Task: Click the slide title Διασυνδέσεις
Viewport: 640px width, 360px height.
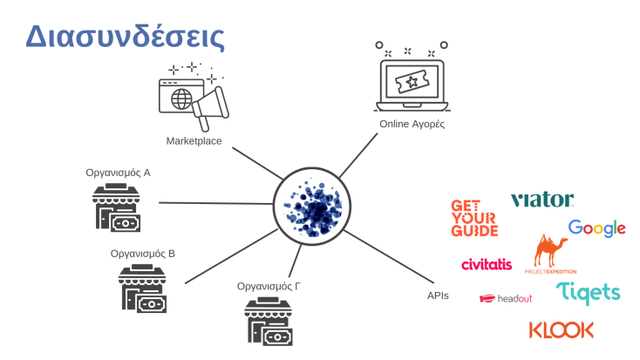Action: click(126, 36)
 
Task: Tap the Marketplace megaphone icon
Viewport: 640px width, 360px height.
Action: click(194, 97)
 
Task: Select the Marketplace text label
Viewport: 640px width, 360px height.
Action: click(194, 140)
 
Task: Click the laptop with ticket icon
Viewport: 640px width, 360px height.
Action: click(412, 80)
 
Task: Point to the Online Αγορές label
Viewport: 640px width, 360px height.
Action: click(412, 125)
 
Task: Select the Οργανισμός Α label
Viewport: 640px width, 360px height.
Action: click(118, 173)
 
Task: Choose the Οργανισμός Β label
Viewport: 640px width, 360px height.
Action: click(143, 254)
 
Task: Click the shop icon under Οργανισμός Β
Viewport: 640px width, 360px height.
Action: click(143, 290)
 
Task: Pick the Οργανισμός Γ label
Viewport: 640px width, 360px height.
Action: click(269, 286)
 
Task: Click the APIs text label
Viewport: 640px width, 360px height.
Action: click(438, 295)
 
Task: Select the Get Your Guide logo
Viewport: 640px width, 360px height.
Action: click(474, 218)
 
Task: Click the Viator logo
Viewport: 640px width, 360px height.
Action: click(541, 200)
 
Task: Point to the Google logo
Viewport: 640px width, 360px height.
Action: click(597, 228)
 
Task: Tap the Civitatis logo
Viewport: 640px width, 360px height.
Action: click(492, 264)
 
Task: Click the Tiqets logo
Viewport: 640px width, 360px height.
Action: click(589, 293)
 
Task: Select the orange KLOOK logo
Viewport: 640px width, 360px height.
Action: click(562, 329)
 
